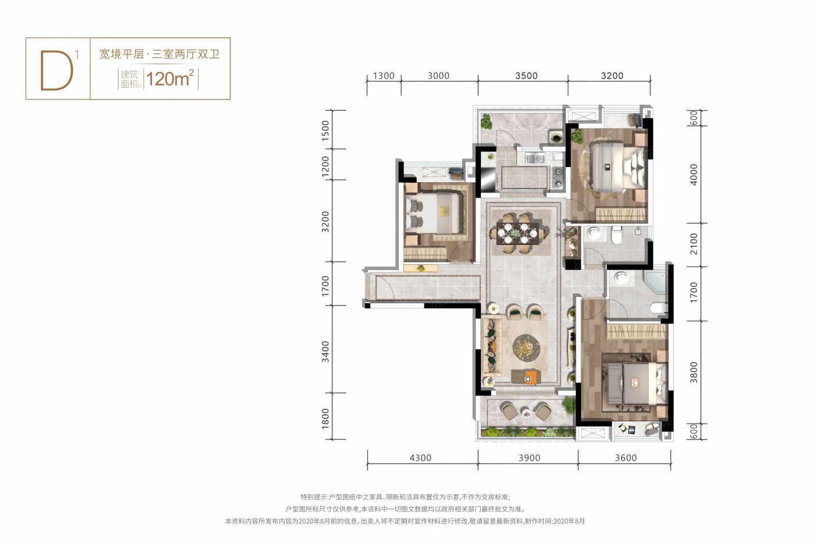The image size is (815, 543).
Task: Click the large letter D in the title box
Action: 57,71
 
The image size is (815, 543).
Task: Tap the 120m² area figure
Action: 170,78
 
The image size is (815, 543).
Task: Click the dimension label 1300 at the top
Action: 383,76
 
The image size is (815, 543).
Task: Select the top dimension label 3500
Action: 526,76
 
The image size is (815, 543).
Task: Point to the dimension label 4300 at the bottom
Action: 420,458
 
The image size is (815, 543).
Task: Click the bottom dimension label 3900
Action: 529,458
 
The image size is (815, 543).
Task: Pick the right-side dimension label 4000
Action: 693,175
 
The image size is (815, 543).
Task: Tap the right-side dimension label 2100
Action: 693,243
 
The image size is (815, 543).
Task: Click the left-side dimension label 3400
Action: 325,352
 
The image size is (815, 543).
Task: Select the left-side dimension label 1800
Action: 325,419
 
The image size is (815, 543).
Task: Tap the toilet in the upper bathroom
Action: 617,235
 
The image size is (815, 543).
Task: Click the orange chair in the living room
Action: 530,377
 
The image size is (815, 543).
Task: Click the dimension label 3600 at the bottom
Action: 625,458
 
